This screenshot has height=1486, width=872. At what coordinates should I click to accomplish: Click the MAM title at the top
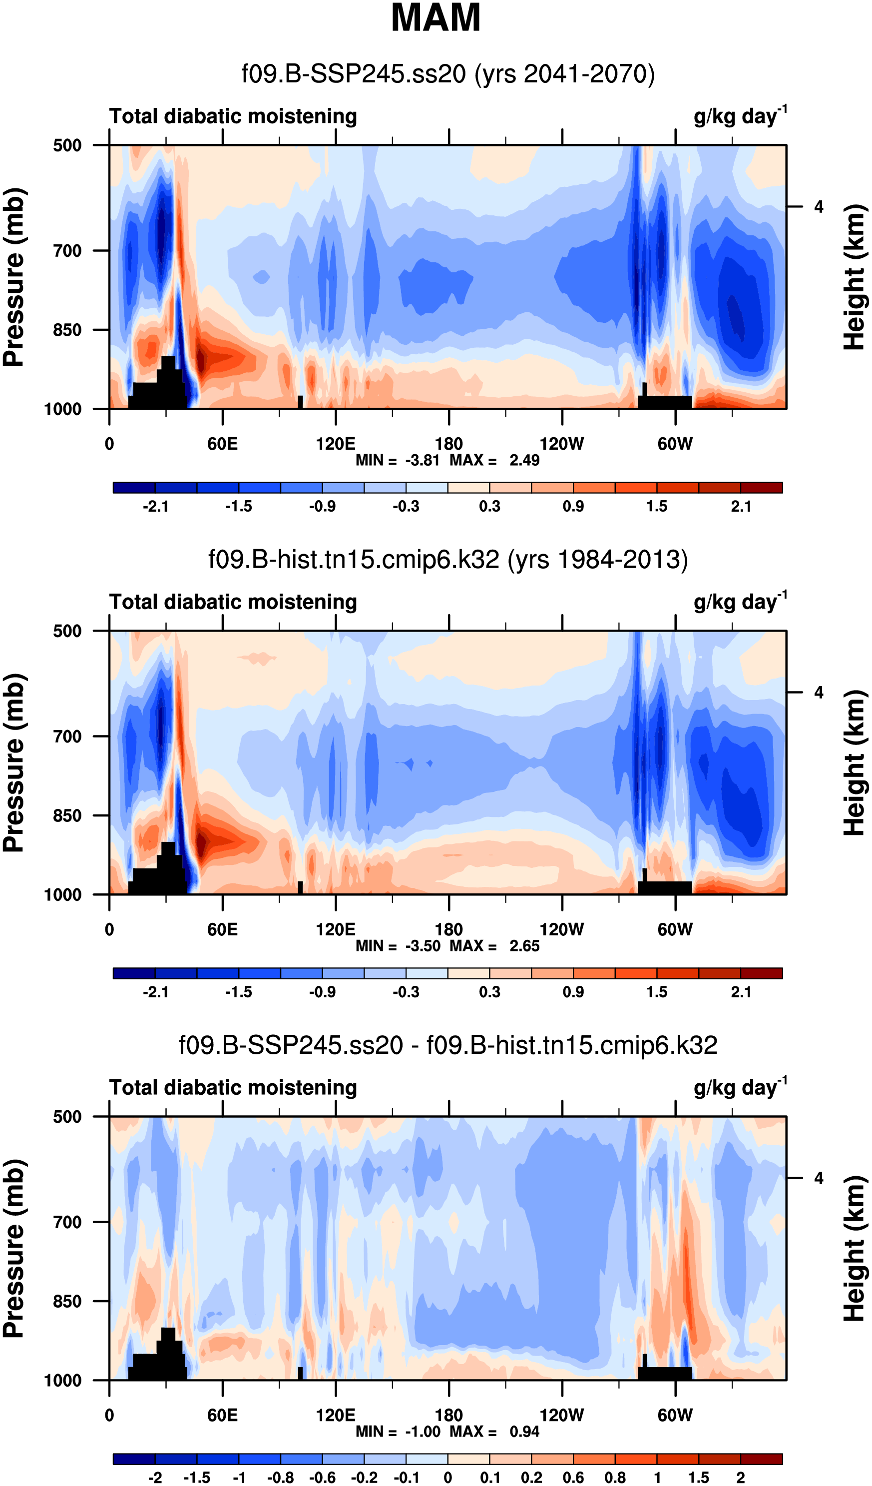[x=436, y=17]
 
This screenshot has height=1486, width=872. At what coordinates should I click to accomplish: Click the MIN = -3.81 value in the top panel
[x=398, y=460]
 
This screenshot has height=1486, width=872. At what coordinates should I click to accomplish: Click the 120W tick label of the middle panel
[x=561, y=930]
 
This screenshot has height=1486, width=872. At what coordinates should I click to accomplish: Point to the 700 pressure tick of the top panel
[x=67, y=251]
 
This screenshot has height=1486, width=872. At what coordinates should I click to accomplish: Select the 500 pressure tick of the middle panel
[x=67, y=631]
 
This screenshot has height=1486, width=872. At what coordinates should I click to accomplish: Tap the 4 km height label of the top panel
[x=819, y=207]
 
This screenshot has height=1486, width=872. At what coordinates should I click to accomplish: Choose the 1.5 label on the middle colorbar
[x=657, y=992]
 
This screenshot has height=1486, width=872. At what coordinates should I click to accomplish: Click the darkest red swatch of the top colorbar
[x=761, y=488]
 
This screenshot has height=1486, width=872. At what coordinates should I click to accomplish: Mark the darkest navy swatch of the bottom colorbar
[x=134, y=1460]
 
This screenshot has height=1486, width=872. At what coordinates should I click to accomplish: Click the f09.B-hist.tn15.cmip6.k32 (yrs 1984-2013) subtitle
[x=448, y=559]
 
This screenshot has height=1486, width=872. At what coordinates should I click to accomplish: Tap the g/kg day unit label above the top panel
[x=739, y=115]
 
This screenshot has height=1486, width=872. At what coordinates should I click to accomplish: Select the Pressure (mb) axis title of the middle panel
[x=14, y=763]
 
